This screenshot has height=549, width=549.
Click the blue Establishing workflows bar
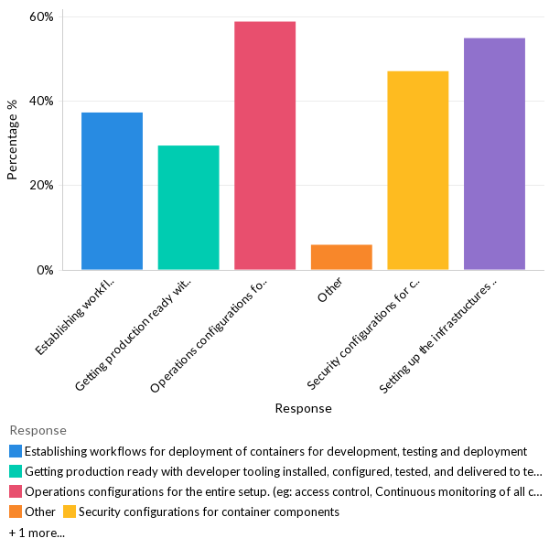[x=112, y=191]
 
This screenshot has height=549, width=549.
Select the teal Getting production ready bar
[x=188, y=208]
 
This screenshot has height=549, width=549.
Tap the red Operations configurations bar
[x=264, y=145]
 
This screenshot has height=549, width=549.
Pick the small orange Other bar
[x=341, y=257]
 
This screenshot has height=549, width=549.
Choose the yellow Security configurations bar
[x=418, y=170]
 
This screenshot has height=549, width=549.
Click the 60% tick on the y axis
[x=41, y=16]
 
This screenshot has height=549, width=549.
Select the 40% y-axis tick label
[x=41, y=101]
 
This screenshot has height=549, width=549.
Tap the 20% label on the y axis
[x=41, y=185]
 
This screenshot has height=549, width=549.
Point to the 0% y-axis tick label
[x=45, y=270]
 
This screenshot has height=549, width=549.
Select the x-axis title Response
[x=303, y=408]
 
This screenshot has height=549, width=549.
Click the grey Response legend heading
[x=38, y=430]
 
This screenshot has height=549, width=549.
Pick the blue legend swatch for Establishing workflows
[x=15, y=451]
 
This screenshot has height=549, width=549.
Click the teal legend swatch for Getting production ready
[x=15, y=471]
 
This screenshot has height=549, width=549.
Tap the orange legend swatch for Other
[x=15, y=511]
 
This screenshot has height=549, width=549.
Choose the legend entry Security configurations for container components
[x=209, y=511]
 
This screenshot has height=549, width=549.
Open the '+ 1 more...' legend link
[x=37, y=532]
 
